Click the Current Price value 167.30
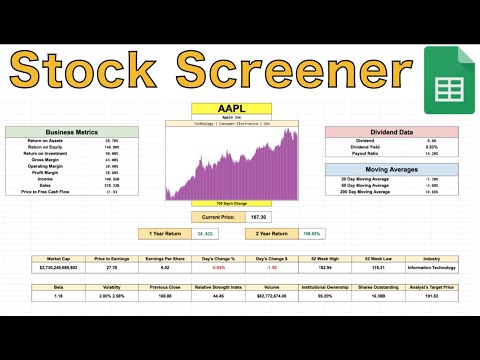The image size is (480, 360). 260,216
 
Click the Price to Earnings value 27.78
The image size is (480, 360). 111,268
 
